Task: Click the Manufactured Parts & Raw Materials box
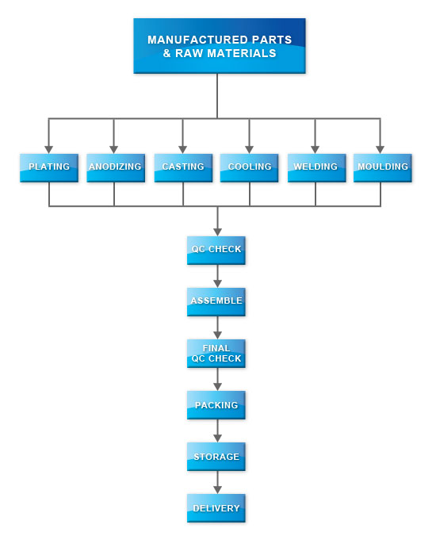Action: [x=220, y=46]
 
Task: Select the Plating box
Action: [x=49, y=168]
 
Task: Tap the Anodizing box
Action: [x=116, y=168]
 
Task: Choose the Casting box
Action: [x=183, y=168]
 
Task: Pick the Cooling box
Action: [x=249, y=168]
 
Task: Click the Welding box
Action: [x=317, y=168]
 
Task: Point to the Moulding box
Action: [x=383, y=168]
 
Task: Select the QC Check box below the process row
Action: [x=216, y=251]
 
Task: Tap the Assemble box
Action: [x=216, y=302]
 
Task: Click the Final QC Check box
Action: [x=216, y=354]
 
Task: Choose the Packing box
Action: [x=216, y=405]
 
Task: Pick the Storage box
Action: [x=216, y=457]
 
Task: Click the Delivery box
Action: [x=216, y=508]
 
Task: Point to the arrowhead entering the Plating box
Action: [x=49, y=149]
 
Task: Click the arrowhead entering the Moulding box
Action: [x=380, y=149]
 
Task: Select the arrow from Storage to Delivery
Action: [x=218, y=482]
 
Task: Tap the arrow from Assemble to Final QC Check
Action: [x=218, y=327]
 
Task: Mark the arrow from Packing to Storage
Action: [x=218, y=431]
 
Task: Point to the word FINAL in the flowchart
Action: [x=216, y=348]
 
